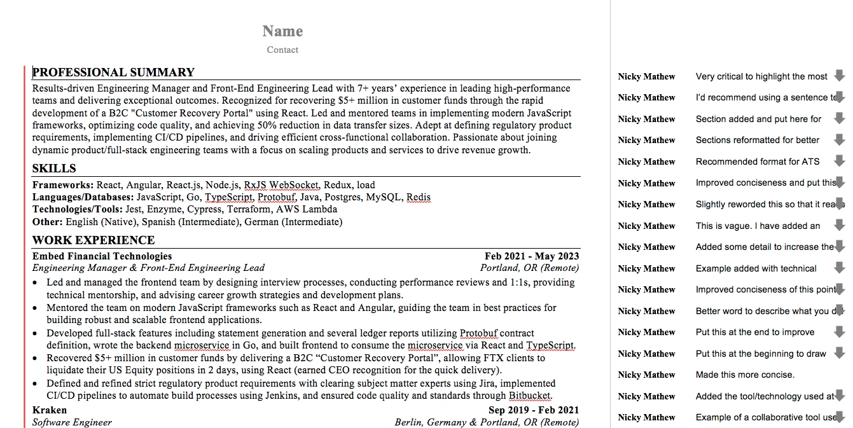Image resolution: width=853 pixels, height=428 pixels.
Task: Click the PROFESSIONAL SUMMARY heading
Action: click(x=113, y=72)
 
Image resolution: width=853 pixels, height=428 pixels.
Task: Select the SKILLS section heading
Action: click(x=54, y=169)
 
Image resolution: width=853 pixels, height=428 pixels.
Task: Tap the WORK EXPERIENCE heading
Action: click(x=94, y=240)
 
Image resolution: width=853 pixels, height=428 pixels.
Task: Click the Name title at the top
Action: click(x=282, y=31)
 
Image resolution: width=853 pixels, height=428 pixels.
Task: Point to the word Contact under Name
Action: click(x=282, y=50)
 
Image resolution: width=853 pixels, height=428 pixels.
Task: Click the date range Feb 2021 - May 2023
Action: click(x=532, y=256)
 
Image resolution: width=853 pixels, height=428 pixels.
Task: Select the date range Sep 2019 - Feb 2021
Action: click(x=534, y=410)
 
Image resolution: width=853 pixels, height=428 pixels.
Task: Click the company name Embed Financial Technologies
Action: click(x=102, y=256)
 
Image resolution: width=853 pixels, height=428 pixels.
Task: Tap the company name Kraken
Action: click(x=50, y=410)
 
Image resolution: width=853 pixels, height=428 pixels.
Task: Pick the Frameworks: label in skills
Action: click(x=63, y=185)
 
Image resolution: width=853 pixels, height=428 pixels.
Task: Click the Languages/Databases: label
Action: click(x=83, y=197)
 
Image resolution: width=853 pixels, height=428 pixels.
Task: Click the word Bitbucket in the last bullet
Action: click(x=529, y=396)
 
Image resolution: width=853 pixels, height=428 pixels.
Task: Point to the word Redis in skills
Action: click(x=418, y=197)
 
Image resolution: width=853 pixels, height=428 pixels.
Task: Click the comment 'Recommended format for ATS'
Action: click(x=757, y=162)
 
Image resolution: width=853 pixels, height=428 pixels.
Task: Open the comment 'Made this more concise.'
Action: click(x=745, y=375)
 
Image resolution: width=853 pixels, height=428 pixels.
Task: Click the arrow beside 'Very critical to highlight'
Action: click(x=839, y=76)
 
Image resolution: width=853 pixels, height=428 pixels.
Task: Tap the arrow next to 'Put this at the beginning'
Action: click(x=839, y=353)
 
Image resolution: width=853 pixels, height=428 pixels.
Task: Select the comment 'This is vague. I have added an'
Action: click(x=758, y=226)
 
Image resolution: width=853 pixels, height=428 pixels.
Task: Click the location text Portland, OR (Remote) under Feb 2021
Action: click(x=529, y=268)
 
